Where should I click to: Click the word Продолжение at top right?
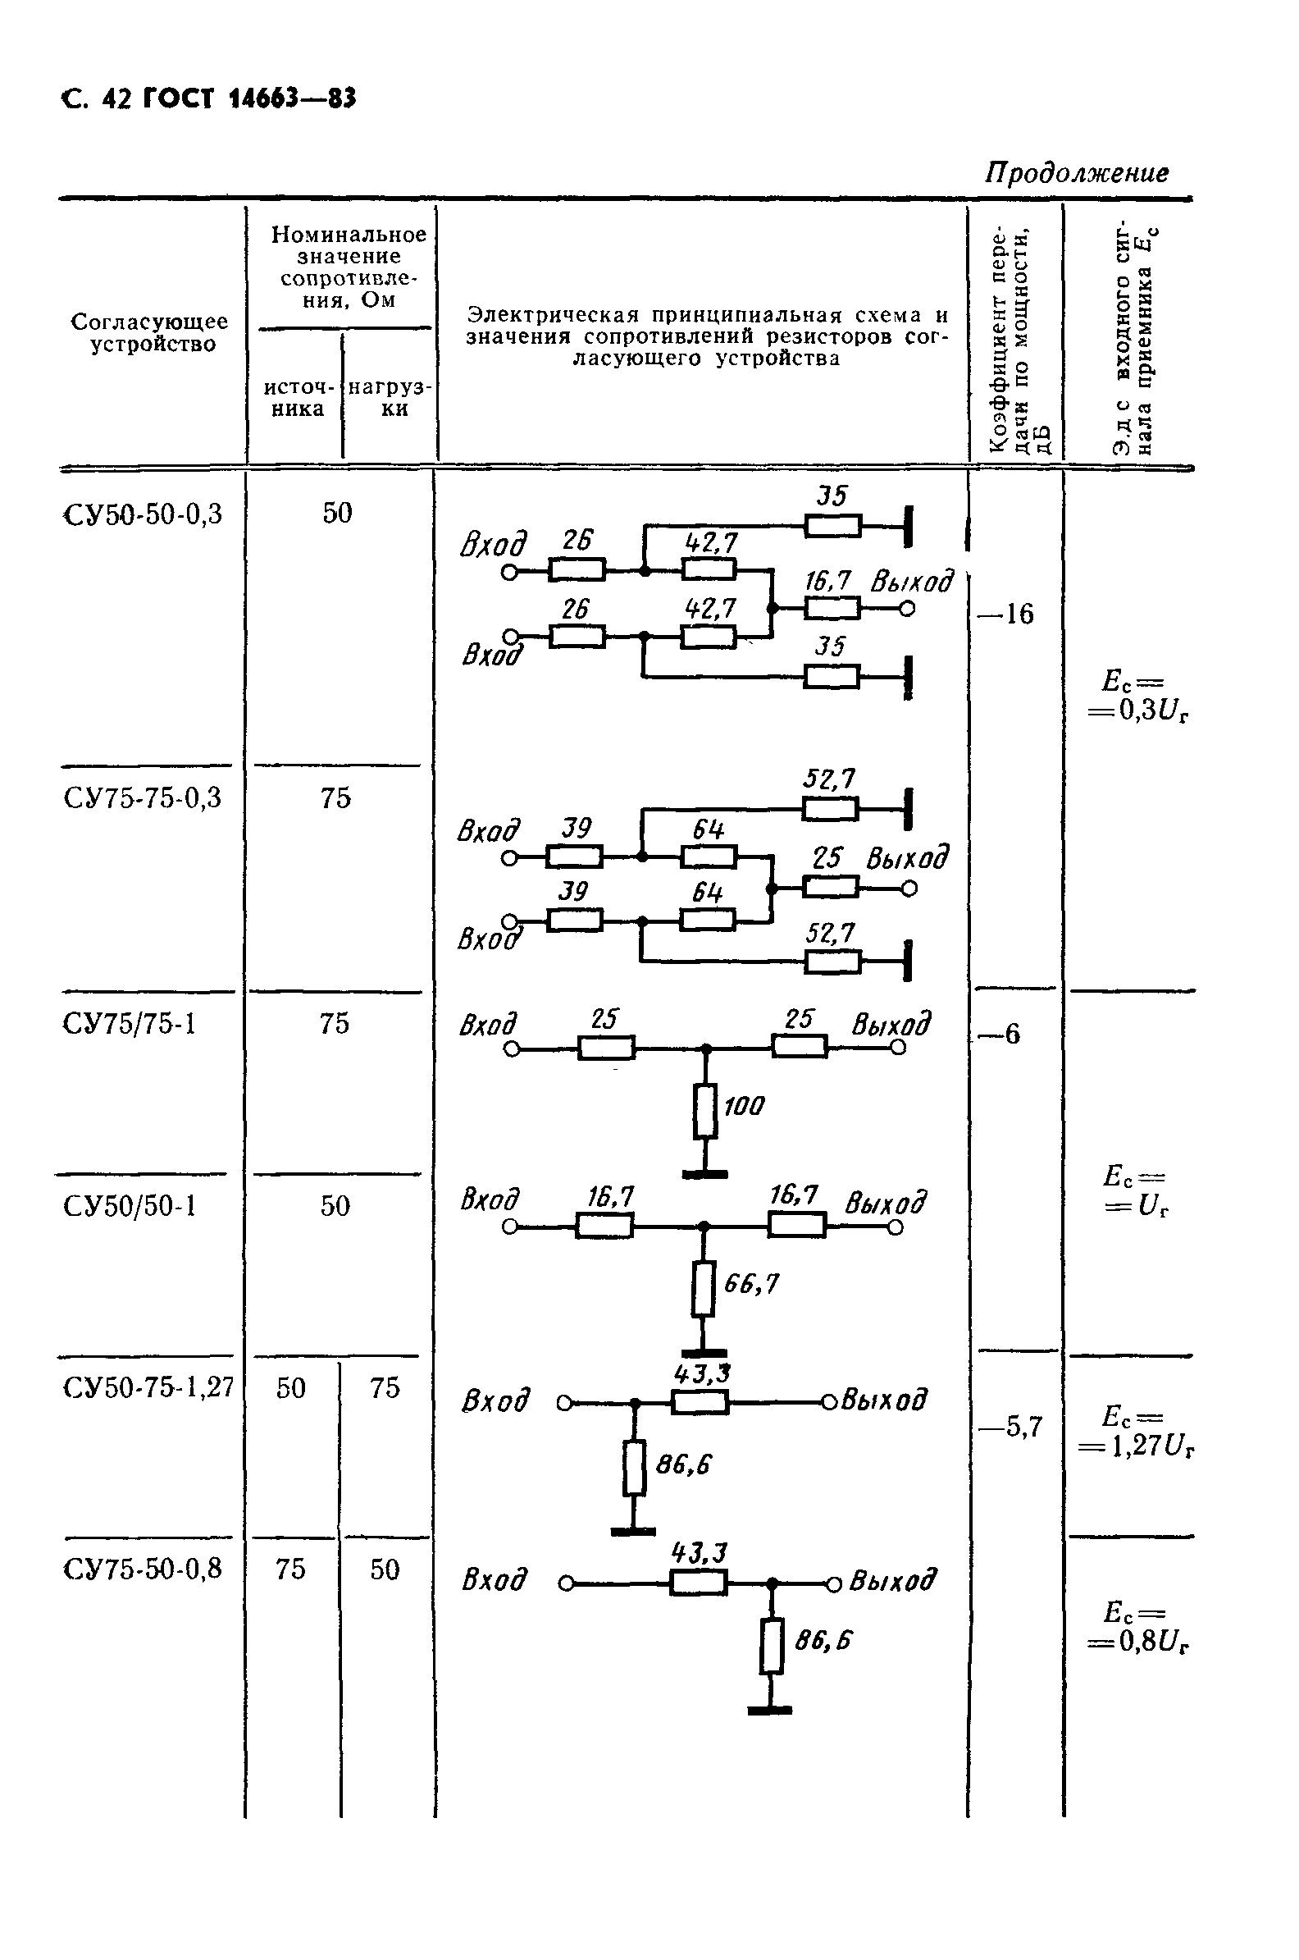pyautogui.click(x=1076, y=172)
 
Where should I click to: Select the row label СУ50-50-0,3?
pyautogui.click(x=143, y=515)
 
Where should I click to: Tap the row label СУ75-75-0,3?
pyautogui.click(x=143, y=798)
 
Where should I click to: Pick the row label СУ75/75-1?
pyautogui.click(x=130, y=1025)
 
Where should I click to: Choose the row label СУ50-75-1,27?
pyautogui.click(x=148, y=1387)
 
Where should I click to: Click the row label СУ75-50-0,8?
pyautogui.click(x=143, y=1569)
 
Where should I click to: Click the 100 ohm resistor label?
pyautogui.click(x=744, y=1106)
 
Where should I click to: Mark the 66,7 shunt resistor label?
pyautogui.click(x=751, y=1284)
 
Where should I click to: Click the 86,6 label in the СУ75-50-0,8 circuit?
pyautogui.click(x=823, y=1640)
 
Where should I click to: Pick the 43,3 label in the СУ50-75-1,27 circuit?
pyautogui.click(x=702, y=1374)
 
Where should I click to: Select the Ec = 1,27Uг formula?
pyautogui.click(x=1134, y=1432)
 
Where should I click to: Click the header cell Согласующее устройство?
pyautogui.click(x=150, y=332)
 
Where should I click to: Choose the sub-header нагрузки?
pyautogui.click(x=390, y=398)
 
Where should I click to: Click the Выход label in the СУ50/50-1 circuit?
pyautogui.click(x=885, y=1203)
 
